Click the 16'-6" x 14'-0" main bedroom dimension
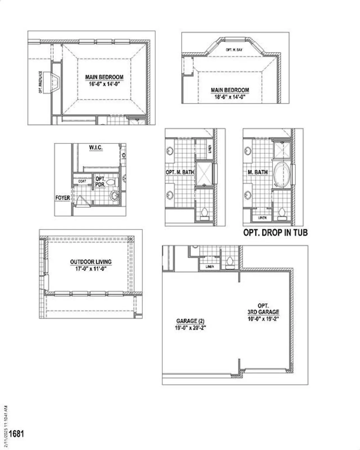coord(104,84)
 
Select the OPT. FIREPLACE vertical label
coord(41,82)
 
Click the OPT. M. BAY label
coord(234,50)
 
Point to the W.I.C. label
coord(96,148)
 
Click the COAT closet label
coord(82,181)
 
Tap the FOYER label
coord(62,198)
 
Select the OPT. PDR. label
coord(100,181)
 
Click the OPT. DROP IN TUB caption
coord(275,233)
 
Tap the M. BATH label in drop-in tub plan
coord(257,172)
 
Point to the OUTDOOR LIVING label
coord(91,262)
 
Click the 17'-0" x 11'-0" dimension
coord(91,269)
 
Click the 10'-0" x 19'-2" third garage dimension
coord(263,319)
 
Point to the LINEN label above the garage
coord(210,267)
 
